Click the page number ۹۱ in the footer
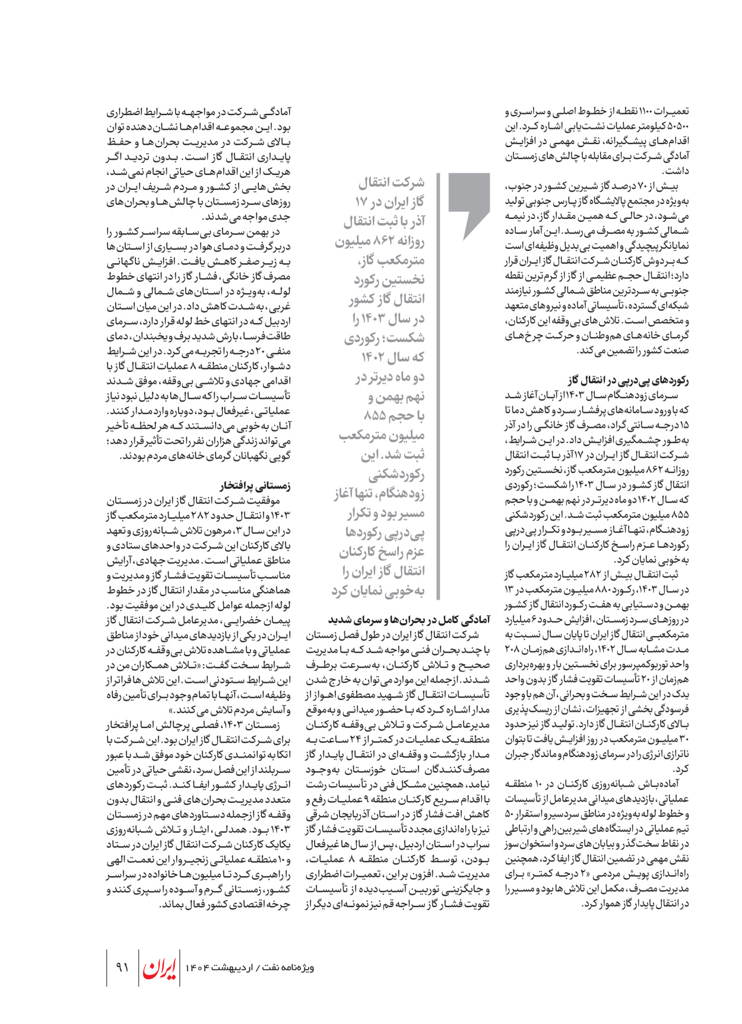122,968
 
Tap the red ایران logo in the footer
159,968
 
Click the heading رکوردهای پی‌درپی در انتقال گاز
628,380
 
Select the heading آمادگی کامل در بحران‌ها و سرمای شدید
409,620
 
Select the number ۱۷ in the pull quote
362,202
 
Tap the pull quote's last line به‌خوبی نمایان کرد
378,591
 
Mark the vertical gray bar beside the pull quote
438,386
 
